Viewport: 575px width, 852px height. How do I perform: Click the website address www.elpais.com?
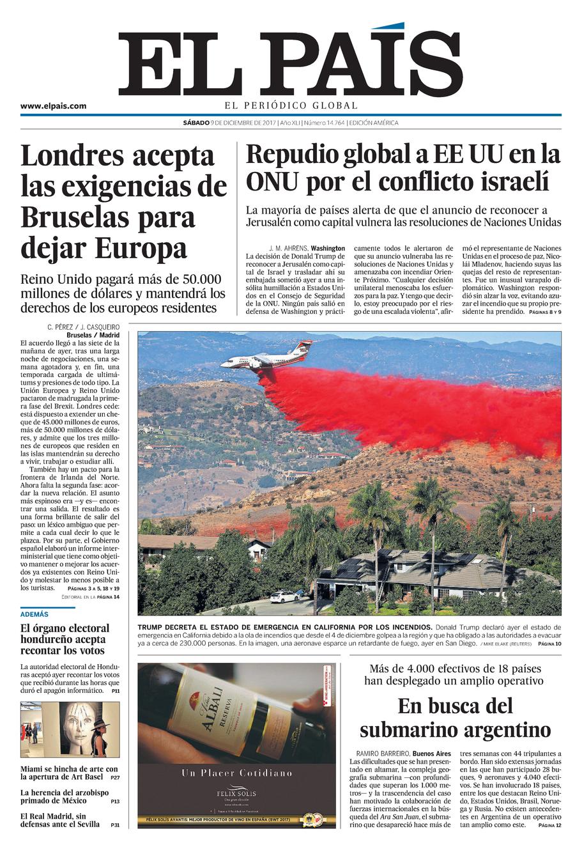coord(53,106)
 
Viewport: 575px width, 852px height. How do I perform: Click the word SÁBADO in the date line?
coord(195,123)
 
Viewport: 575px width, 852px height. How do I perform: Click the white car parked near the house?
coord(283,596)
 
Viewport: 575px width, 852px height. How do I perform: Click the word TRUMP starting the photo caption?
coord(152,627)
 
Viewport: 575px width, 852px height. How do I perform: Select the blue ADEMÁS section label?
coord(34,614)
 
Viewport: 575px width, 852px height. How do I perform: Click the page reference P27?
coord(115,778)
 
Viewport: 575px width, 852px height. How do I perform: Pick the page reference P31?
coord(115,825)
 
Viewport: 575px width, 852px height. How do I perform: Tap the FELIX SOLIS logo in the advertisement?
coord(236,793)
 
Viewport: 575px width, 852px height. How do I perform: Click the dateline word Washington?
coord(328,248)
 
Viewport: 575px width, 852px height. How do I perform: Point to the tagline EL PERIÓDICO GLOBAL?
coord(291,105)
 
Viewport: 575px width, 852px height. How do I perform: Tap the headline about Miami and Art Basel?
coord(69,773)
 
